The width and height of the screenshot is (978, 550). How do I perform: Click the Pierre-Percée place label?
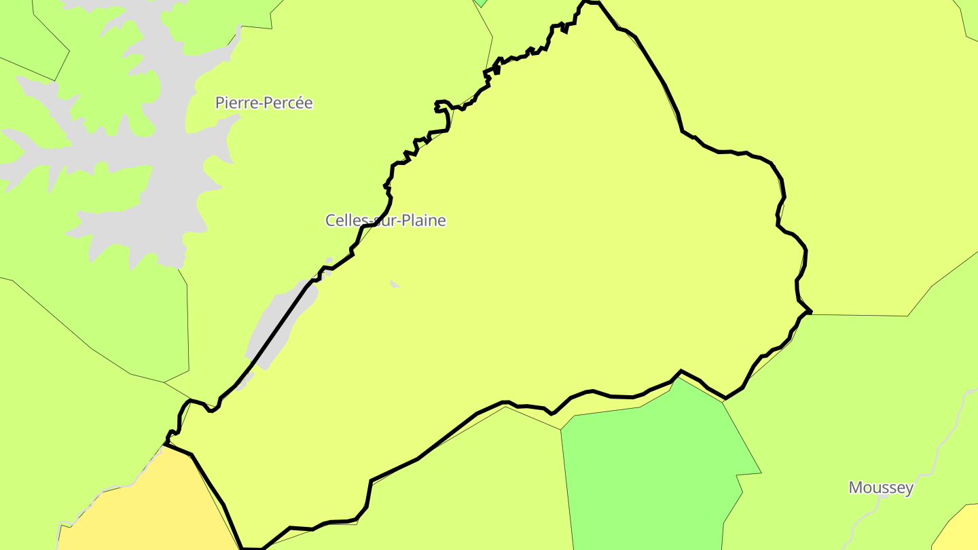pos(264,103)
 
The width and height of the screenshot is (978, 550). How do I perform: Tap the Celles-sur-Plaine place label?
pos(385,221)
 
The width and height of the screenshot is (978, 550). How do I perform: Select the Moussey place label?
pos(881,488)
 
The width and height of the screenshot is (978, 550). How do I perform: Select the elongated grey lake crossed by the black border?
pos(275,326)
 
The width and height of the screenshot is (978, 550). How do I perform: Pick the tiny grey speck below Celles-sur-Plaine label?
pos(394,284)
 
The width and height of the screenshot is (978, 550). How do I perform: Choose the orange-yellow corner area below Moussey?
pos(961,530)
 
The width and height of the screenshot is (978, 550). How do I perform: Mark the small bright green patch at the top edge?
pos(481,2)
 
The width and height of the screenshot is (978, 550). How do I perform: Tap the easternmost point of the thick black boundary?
pos(811,312)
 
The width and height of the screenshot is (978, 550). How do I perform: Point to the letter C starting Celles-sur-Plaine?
pos(330,221)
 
